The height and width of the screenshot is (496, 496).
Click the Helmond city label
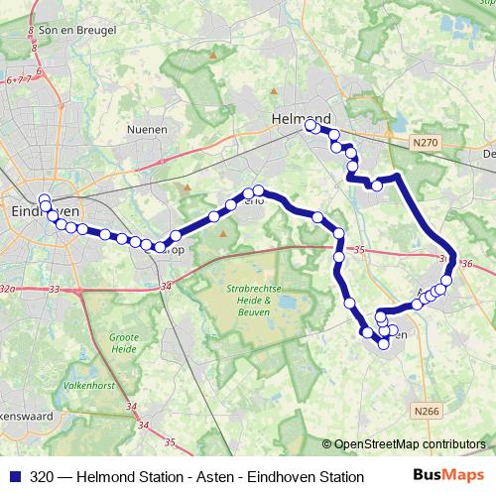pyautogui.click(x=300, y=118)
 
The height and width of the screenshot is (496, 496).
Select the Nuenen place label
pyautogui.click(x=147, y=129)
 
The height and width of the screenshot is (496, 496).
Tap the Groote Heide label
pyautogui.click(x=124, y=343)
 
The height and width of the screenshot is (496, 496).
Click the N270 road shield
pyautogui.click(x=425, y=143)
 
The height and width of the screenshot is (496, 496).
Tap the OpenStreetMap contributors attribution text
pyautogui.click(x=410, y=444)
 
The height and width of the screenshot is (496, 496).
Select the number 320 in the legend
pyautogui.click(x=42, y=477)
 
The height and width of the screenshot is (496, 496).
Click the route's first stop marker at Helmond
pyautogui.click(x=310, y=126)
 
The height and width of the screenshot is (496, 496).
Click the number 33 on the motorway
pyautogui.click(x=54, y=290)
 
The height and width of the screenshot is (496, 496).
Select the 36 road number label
pyautogui.click(x=467, y=264)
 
